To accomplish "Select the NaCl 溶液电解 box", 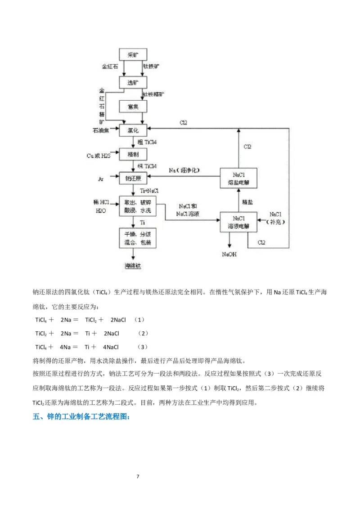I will click(x=238, y=221).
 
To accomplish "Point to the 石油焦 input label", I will click(x=101, y=130).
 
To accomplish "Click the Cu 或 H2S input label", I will click(x=99, y=156).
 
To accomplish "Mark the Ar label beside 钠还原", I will click(x=101, y=179).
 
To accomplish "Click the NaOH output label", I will click(x=229, y=254).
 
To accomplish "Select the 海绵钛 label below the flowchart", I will click(x=133, y=265).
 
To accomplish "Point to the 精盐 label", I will click(x=247, y=202).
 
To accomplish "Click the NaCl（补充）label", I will click(x=276, y=218).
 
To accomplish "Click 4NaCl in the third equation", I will click(x=111, y=347).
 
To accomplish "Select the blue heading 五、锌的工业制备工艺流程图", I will click(x=82, y=417).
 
